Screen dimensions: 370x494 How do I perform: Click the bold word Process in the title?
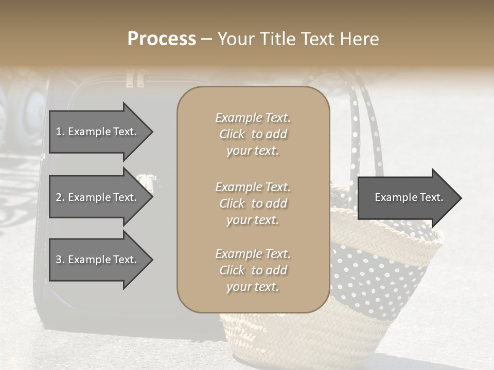pos(162,39)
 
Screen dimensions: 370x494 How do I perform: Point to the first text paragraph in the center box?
pos(253,134)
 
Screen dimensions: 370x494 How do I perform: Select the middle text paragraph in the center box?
pos(253,203)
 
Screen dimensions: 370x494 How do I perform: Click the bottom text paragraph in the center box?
pos(253,270)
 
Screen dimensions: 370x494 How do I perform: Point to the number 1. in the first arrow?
pos(60,132)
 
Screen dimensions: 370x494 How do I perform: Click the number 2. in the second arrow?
pos(60,197)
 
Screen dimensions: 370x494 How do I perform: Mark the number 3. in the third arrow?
pos(60,260)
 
